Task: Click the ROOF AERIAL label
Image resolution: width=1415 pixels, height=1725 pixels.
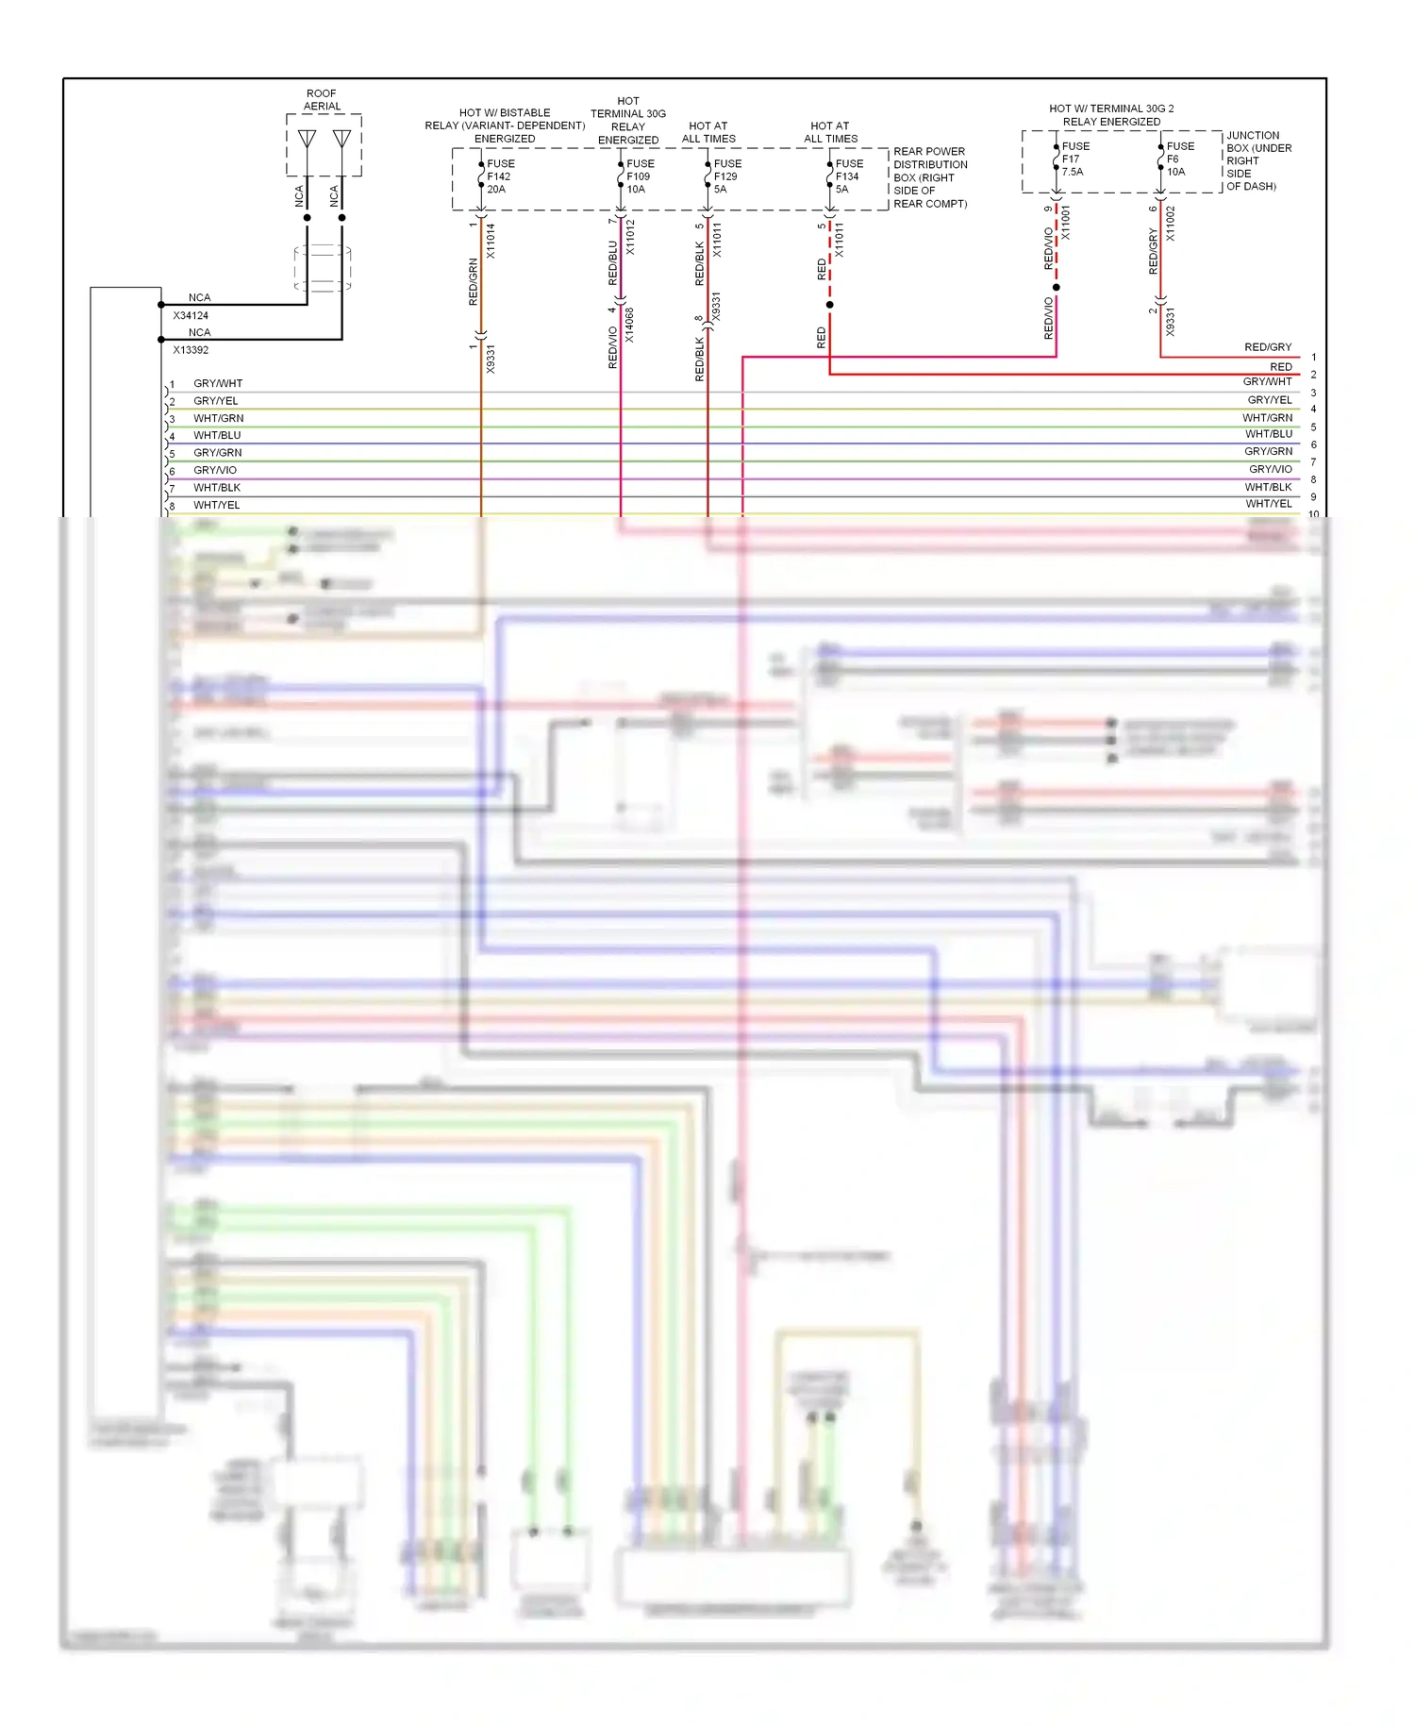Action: click(x=322, y=100)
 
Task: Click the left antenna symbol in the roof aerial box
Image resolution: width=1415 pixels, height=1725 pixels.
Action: click(x=308, y=140)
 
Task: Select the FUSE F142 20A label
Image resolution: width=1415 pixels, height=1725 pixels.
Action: click(x=500, y=176)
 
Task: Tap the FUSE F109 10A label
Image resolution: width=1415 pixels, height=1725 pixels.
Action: click(x=640, y=176)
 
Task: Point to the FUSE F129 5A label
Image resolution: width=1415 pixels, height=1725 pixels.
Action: click(x=726, y=176)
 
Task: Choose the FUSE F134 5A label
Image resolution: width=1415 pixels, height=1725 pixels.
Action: click(x=848, y=176)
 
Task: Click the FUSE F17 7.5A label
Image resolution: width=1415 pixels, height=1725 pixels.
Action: click(x=1074, y=159)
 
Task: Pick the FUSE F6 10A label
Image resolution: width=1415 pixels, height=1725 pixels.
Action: click(x=1179, y=159)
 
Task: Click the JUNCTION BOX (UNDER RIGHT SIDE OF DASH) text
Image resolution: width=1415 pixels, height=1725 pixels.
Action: click(x=1258, y=160)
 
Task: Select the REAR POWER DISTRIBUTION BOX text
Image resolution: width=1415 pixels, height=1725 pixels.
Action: click(x=929, y=177)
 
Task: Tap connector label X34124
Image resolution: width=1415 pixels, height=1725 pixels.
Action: click(x=191, y=316)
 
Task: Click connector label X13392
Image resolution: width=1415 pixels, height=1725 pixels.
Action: click(x=191, y=350)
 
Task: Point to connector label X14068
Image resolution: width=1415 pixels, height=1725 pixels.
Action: click(x=629, y=325)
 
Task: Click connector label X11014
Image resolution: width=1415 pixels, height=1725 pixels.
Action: click(x=491, y=241)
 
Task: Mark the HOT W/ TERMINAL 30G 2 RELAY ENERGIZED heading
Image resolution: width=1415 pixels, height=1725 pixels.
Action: click(x=1111, y=115)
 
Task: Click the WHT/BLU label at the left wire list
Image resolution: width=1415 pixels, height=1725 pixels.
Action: click(x=217, y=435)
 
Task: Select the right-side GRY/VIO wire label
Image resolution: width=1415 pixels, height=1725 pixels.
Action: click(x=1270, y=469)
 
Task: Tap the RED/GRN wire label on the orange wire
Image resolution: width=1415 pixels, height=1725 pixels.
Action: click(x=474, y=281)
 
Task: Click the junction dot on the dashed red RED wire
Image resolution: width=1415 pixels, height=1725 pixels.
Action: click(x=829, y=305)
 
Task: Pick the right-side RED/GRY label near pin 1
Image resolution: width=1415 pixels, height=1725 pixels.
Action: click(x=1267, y=347)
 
